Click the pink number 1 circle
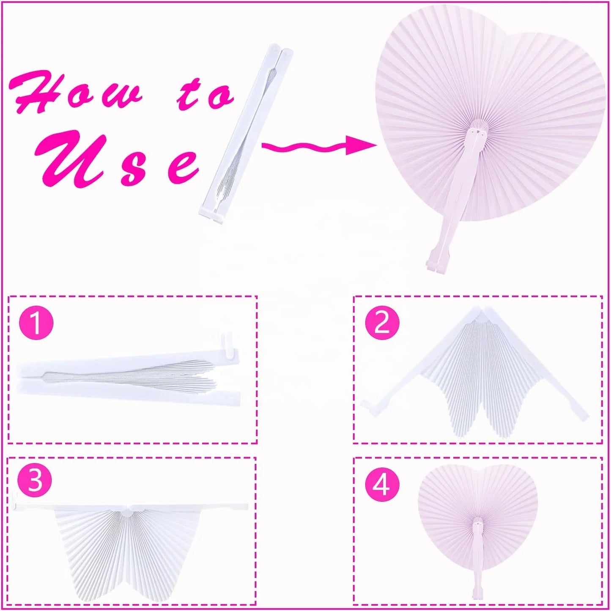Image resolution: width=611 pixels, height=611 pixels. coord(36,323)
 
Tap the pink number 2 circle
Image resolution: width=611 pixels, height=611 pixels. coord(382,323)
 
